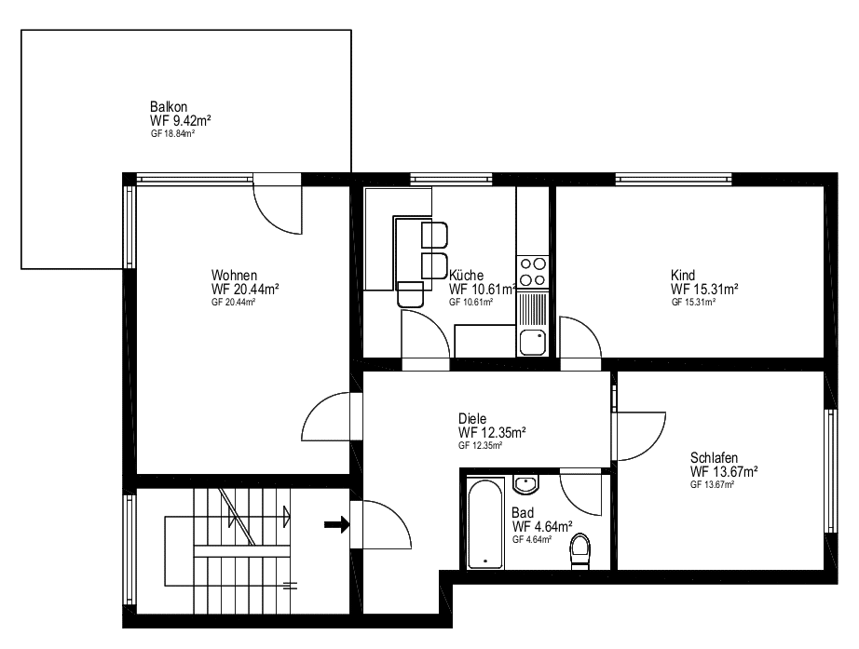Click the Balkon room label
169,106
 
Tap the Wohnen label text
234,275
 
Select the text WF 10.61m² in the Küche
483,290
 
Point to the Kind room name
683,275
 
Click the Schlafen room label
714,457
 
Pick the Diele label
472,418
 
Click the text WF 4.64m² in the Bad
542,526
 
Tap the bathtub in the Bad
484,523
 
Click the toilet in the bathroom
579,551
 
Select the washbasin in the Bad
525,484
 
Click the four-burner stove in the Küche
533,272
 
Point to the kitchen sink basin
533,343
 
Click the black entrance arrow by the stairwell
337,524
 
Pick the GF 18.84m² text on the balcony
173,134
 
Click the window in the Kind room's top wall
674,179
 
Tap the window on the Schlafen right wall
830,470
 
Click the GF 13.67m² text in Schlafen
712,485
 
